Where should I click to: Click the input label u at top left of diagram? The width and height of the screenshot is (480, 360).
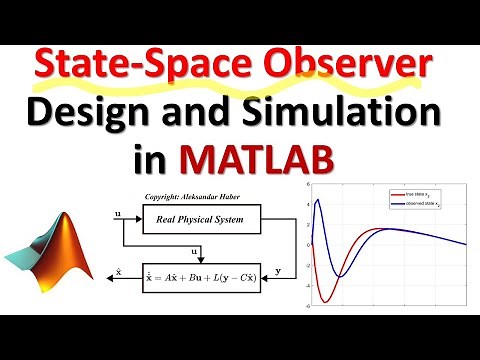pyautogui.click(x=120, y=213)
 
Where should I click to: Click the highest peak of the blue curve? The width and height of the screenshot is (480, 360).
pyautogui.click(x=318, y=200)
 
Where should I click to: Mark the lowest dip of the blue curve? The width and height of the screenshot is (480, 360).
pyautogui.click(x=341, y=277)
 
